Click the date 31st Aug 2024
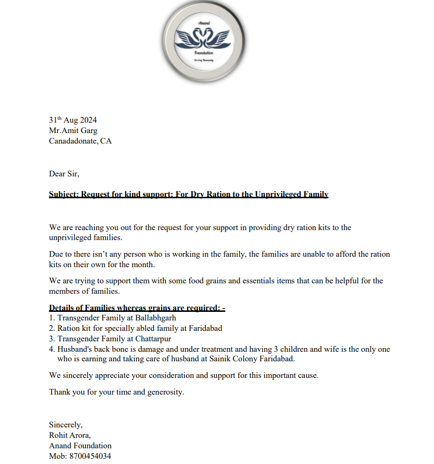pos(73,120)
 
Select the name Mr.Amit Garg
pos(73,131)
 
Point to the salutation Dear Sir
pos(64,174)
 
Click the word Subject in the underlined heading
pos(63,194)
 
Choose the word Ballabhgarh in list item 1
pos(155,318)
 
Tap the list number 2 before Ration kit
pos(51,328)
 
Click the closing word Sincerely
pos(65,425)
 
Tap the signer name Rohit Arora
pos(69,435)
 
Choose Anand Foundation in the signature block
pos(80,446)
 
